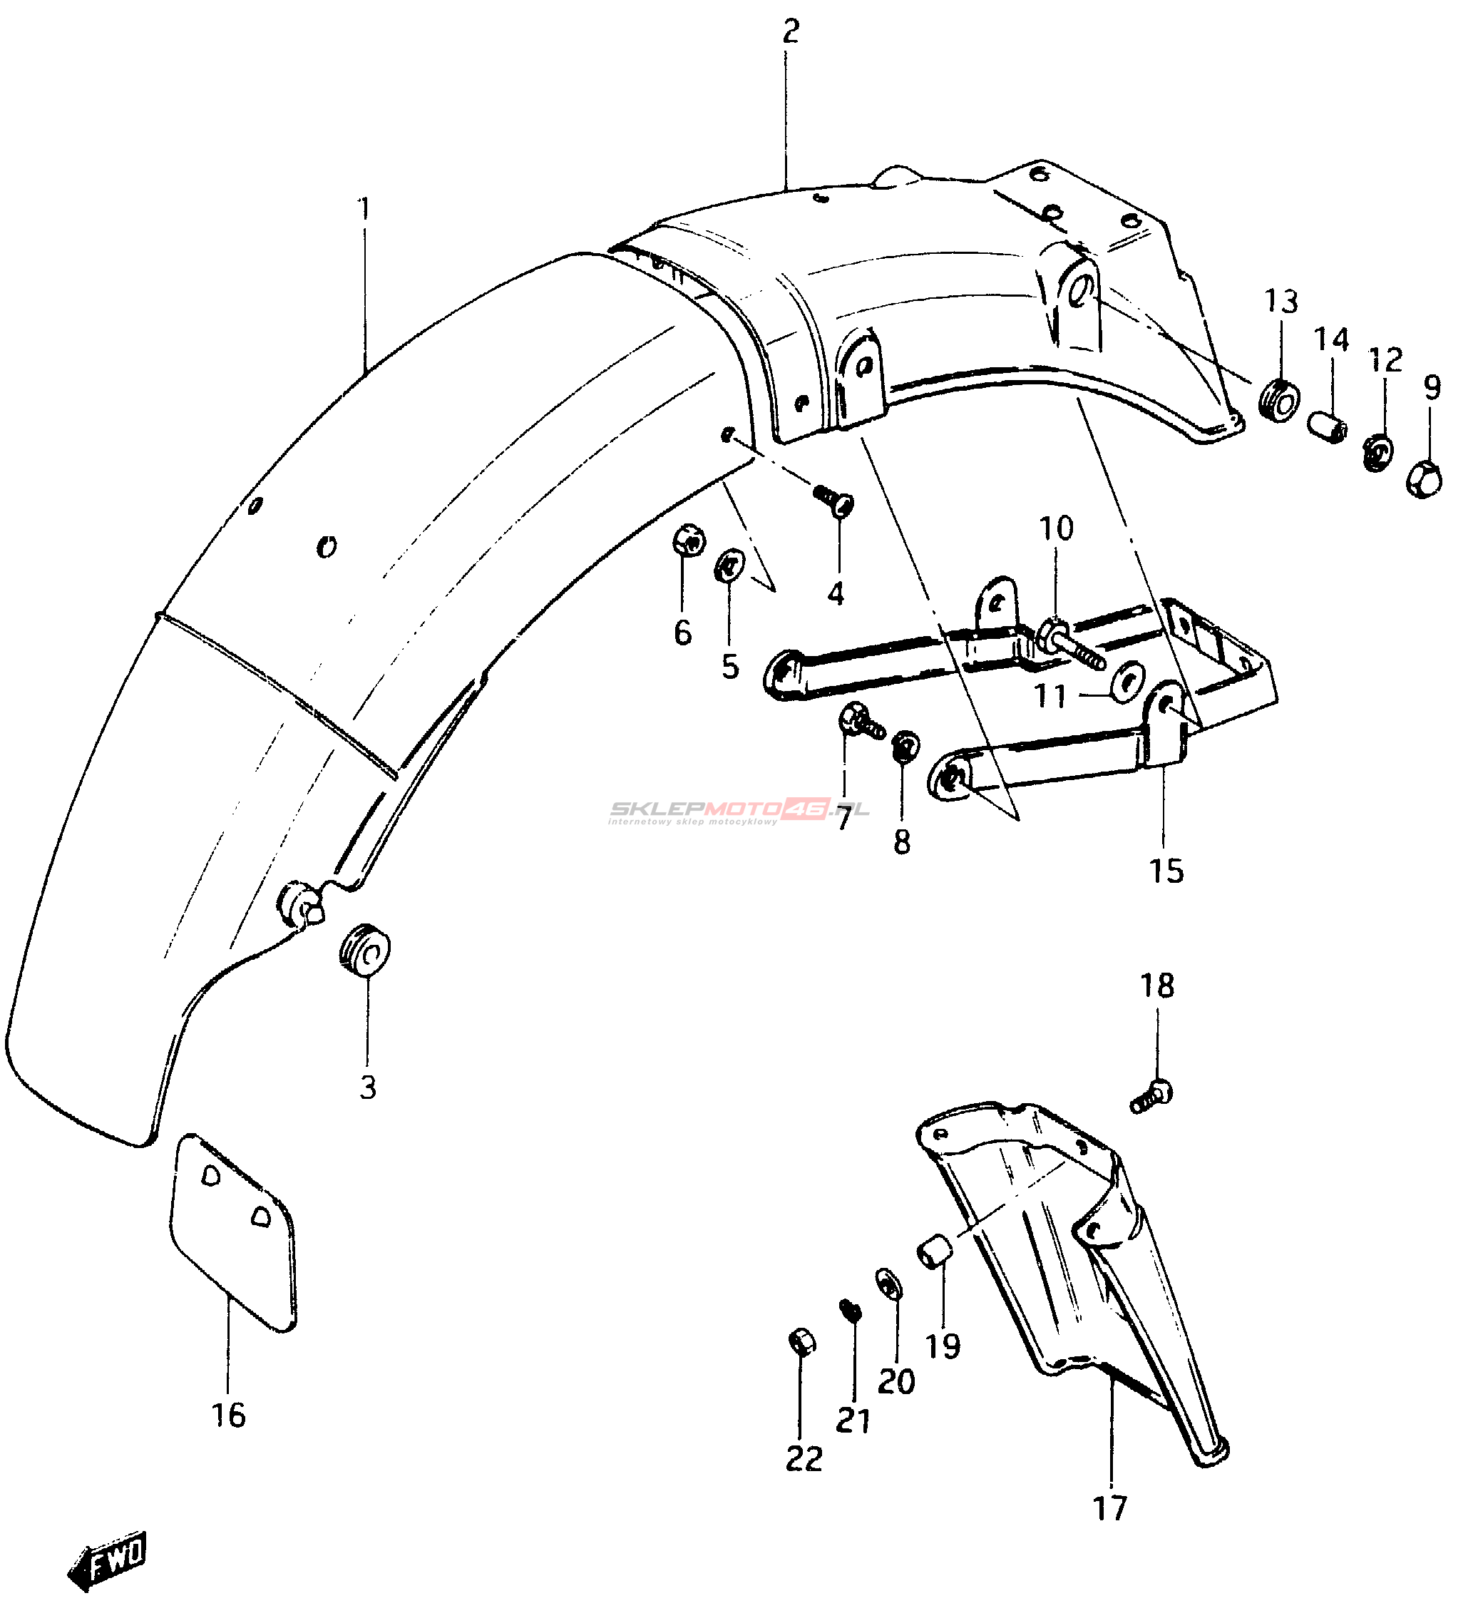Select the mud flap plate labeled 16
point(232,1231)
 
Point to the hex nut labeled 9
point(1423,480)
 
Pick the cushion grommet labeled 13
point(1278,400)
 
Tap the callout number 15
point(1166,871)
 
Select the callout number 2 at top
point(791,32)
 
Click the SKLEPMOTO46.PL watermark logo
point(737,811)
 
